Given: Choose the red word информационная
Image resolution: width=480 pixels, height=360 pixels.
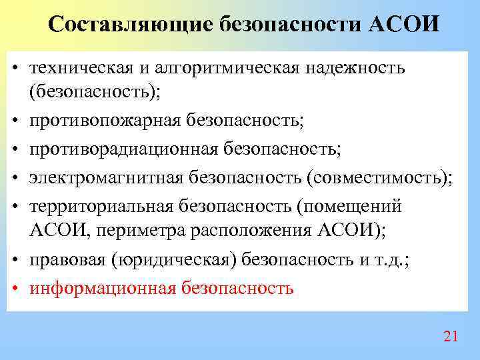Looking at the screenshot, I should coord(103,289).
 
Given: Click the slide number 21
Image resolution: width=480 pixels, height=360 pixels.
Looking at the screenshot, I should coord(451,335).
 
